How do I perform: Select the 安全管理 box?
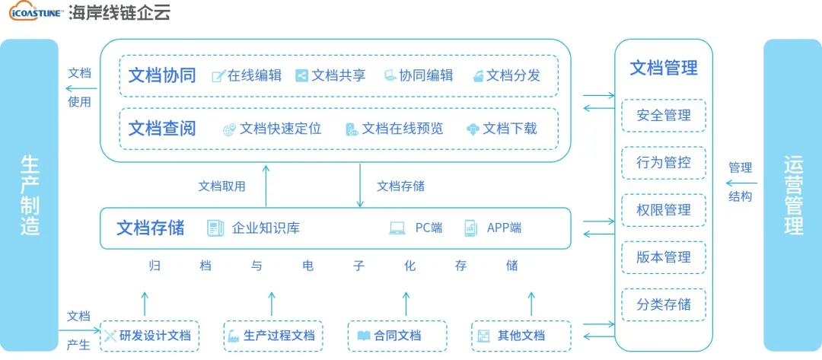click(664, 116)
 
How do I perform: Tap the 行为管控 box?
click(664, 163)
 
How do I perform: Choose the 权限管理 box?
click(664, 210)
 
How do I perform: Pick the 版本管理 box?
click(664, 257)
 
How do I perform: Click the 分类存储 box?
click(664, 304)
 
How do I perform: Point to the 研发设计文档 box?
click(149, 336)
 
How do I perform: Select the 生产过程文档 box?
click(273, 336)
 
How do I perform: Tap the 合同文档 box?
click(397, 336)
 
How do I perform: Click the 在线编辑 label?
click(255, 75)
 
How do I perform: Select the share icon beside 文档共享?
click(301, 75)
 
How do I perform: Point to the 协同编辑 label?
click(426, 75)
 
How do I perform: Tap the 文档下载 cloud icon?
click(473, 129)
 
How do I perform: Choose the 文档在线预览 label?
click(402, 129)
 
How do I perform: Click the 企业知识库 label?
click(266, 228)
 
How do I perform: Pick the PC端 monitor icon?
click(397, 228)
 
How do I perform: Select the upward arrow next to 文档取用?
click(266, 185)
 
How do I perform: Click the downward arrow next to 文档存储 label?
click(360, 185)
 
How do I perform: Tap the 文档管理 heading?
click(664, 68)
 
